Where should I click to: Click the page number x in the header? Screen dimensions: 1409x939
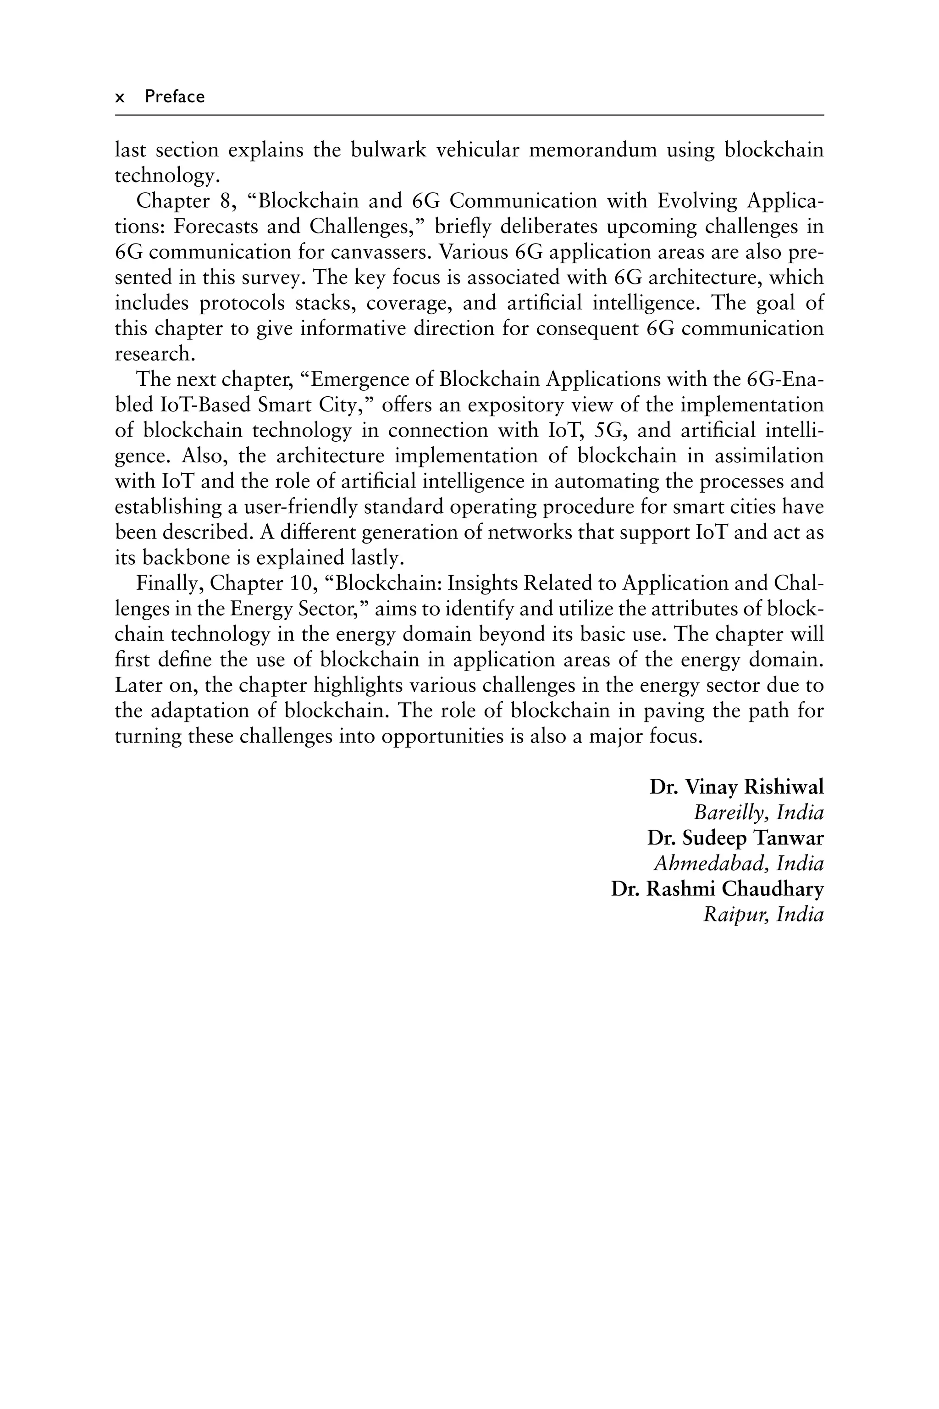point(120,98)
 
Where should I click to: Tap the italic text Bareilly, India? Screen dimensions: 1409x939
point(758,812)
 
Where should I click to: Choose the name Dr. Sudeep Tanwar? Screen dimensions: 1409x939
point(735,838)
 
